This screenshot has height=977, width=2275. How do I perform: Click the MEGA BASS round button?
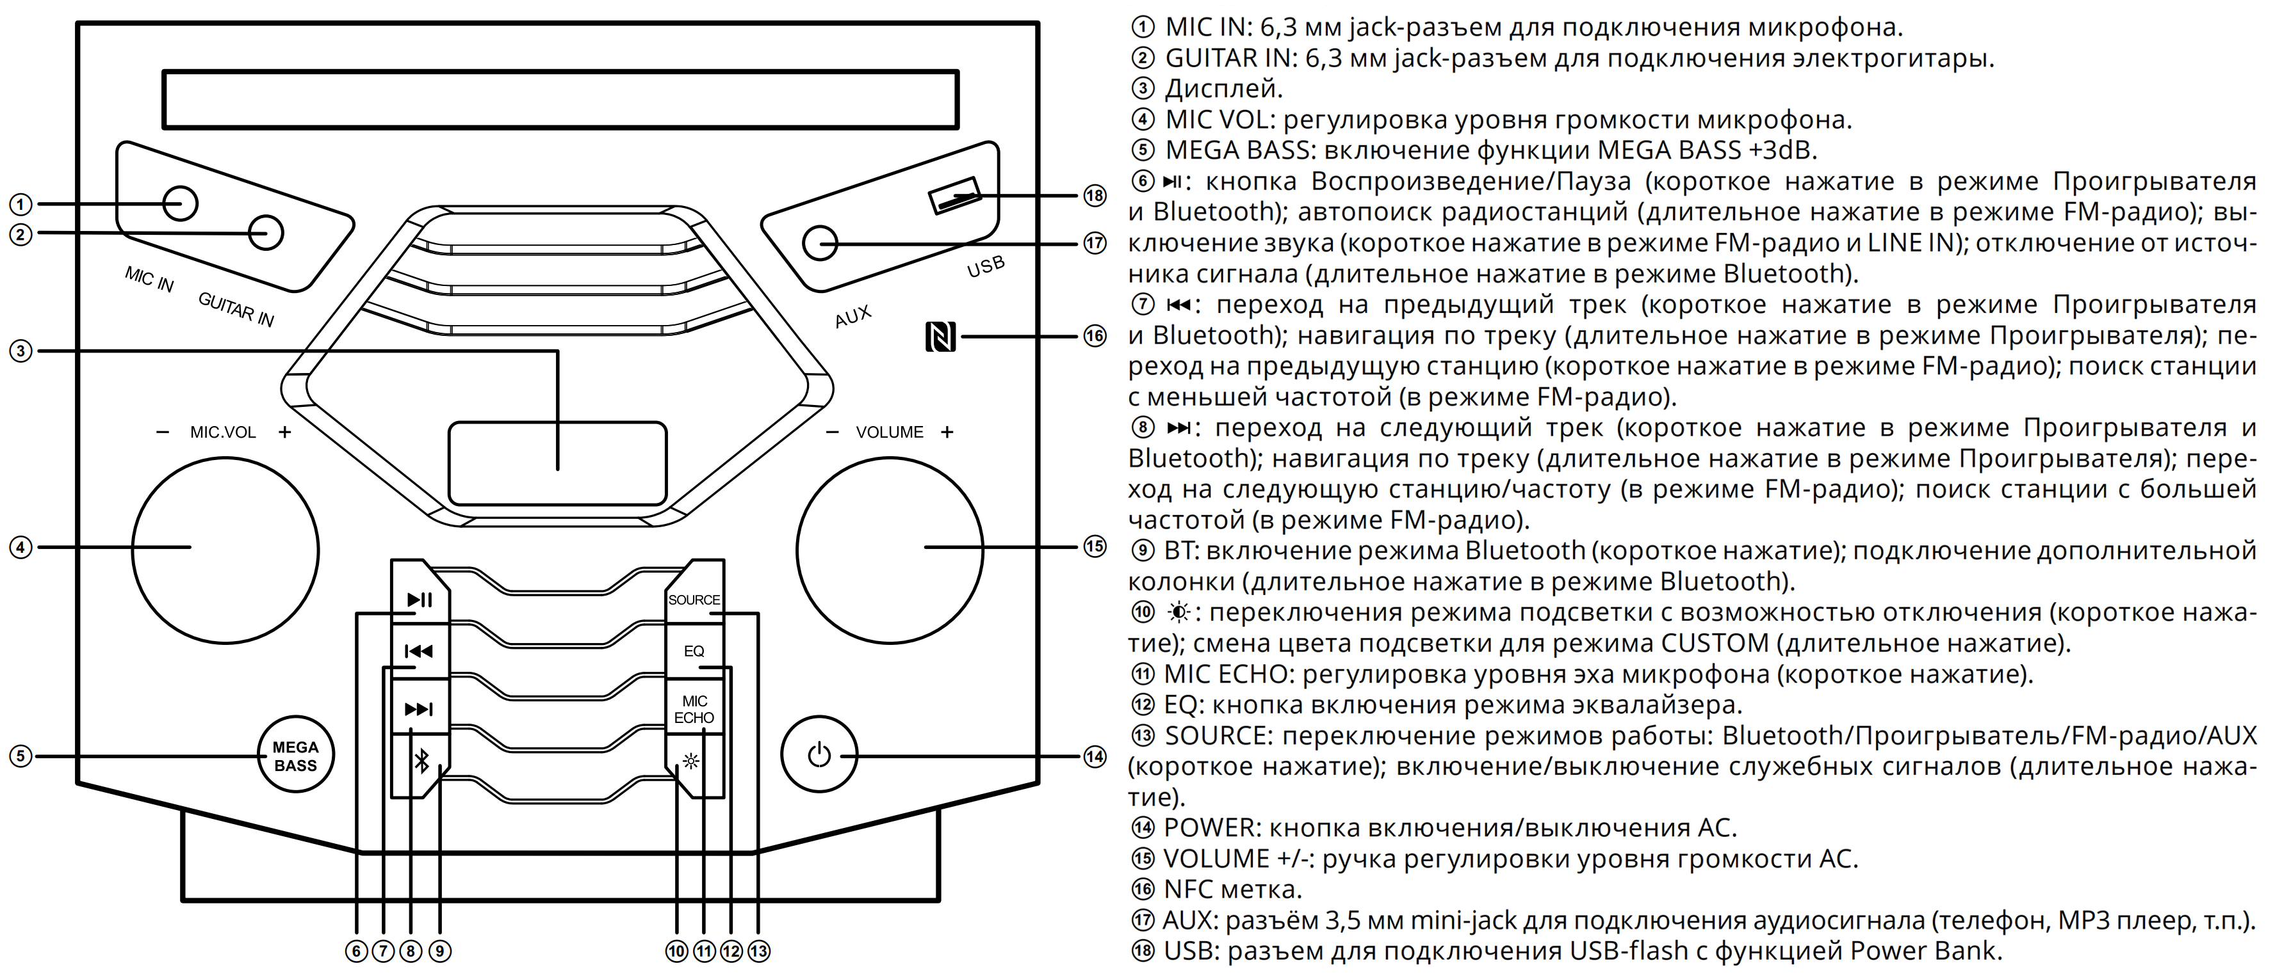[x=296, y=756]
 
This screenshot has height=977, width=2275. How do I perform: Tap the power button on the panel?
[x=819, y=756]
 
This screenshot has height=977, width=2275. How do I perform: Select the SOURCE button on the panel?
[x=694, y=600]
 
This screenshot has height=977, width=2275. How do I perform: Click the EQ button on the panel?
[x=694, y=651]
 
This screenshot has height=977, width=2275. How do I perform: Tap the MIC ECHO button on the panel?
[x=694, y=710]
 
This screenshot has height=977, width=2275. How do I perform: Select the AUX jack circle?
[x=820, y=242]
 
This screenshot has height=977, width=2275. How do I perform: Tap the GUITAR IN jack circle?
[x=266, y=233]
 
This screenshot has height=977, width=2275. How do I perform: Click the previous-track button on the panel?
[x=419, y=651]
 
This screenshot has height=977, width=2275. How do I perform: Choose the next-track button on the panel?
[x=419, y=710]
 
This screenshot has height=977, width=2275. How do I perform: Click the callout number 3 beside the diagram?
[x=20, y=351]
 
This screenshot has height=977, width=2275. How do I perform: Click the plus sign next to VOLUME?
[x=947, y=433]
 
